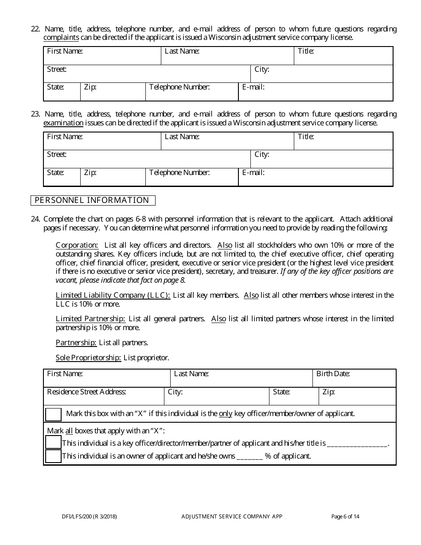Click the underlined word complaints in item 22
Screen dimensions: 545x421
pyautogui.click(x=61, y=38)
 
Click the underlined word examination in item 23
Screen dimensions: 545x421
pyautogui.click(x=63, y=123)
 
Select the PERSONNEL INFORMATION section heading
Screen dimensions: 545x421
pyautogui.click(x=92, y=200)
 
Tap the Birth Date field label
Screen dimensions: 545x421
pyautogui.click(x=333, y=374)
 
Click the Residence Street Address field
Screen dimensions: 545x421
pyautogui.click(x=104, y=397)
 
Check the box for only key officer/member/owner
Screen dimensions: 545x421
pyautogui.click(x=54, y=414)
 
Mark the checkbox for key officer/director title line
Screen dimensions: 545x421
pyautogui.click(x=54, y=442)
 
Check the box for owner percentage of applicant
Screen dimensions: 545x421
pyautogui.click(x=54, y=456)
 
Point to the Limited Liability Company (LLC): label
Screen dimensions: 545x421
pyautogui.click(x=113, y=296)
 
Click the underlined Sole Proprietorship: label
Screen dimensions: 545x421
pyautogui.click(x=88, y=358)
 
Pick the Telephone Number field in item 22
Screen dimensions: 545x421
pyautogui.click(x=192, y=92)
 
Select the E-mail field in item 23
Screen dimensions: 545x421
pyautogui.click(x=316, y=177)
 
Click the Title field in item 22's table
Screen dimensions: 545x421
pyautogui.click(x=343, y=56)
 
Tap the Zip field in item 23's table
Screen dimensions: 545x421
pyautogui.click(x=113, y=177)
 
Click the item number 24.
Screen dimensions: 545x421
pyautogui.click(x=35, y=219)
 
